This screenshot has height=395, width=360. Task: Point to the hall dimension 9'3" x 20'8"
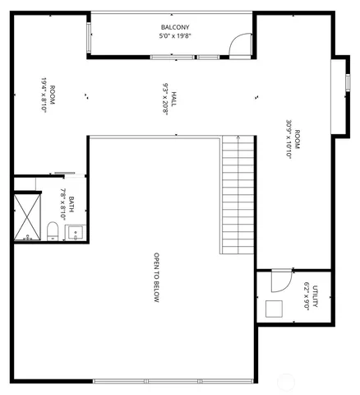[164, 100]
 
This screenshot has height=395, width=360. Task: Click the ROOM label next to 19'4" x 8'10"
[53, 95]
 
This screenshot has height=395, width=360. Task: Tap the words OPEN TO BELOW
[155, 277]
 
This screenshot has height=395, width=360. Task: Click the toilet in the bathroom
[52, 230]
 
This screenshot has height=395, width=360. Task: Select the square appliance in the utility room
[275, 309]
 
